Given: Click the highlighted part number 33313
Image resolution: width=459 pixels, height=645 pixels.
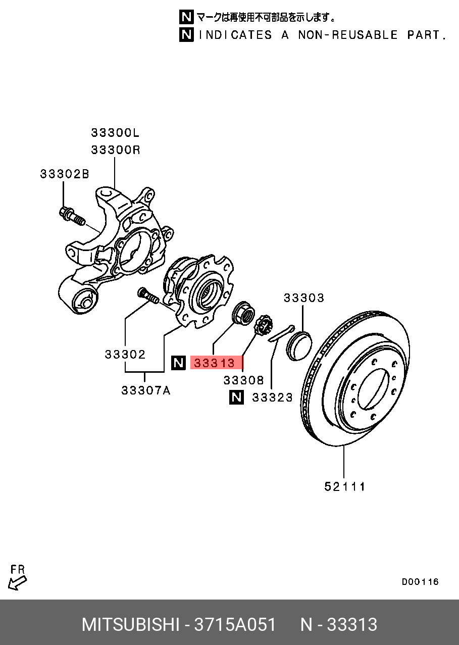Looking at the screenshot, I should pos(215,363).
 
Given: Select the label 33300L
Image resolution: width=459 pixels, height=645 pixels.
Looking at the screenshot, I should pos(115,133).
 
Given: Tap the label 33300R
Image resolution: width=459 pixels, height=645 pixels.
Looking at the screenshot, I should pos(115,150).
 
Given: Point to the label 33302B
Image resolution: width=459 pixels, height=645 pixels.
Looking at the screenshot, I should pos(65,174).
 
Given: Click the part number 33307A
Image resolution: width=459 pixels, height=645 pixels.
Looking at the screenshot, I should pos(145,390).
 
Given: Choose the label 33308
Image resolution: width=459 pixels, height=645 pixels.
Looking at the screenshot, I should pos(244,380).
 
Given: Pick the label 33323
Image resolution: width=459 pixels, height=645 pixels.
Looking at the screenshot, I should pos(272,398).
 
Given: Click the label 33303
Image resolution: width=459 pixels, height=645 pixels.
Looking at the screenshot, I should pos(303,298).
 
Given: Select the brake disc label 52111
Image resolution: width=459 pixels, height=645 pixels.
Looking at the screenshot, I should pos(345,486).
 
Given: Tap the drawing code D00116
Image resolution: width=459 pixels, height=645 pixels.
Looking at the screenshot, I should pos(420,582).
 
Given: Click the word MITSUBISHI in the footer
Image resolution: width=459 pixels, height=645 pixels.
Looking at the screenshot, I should pos(130,625).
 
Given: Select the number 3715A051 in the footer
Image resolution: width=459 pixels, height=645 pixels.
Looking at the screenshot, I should pos(235,625).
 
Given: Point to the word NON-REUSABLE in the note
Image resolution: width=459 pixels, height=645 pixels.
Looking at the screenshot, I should pos(348,35).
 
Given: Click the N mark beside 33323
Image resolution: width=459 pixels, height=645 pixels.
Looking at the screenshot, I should pos(236,398).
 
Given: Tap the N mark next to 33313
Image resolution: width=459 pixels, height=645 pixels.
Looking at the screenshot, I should pos(178,363).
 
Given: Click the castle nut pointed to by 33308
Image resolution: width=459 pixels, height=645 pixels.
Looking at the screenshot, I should pos(263,325).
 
